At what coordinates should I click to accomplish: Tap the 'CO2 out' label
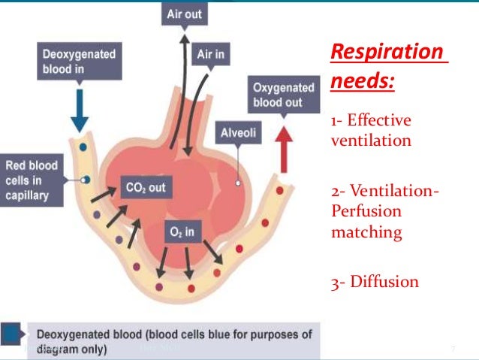click(145, 187)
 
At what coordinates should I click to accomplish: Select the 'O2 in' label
click(181, 231)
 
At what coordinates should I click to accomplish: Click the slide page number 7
click(453, 349)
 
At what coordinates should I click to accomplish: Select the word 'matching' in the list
click(366, 232)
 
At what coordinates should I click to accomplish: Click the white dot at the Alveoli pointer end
click(237, 182)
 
